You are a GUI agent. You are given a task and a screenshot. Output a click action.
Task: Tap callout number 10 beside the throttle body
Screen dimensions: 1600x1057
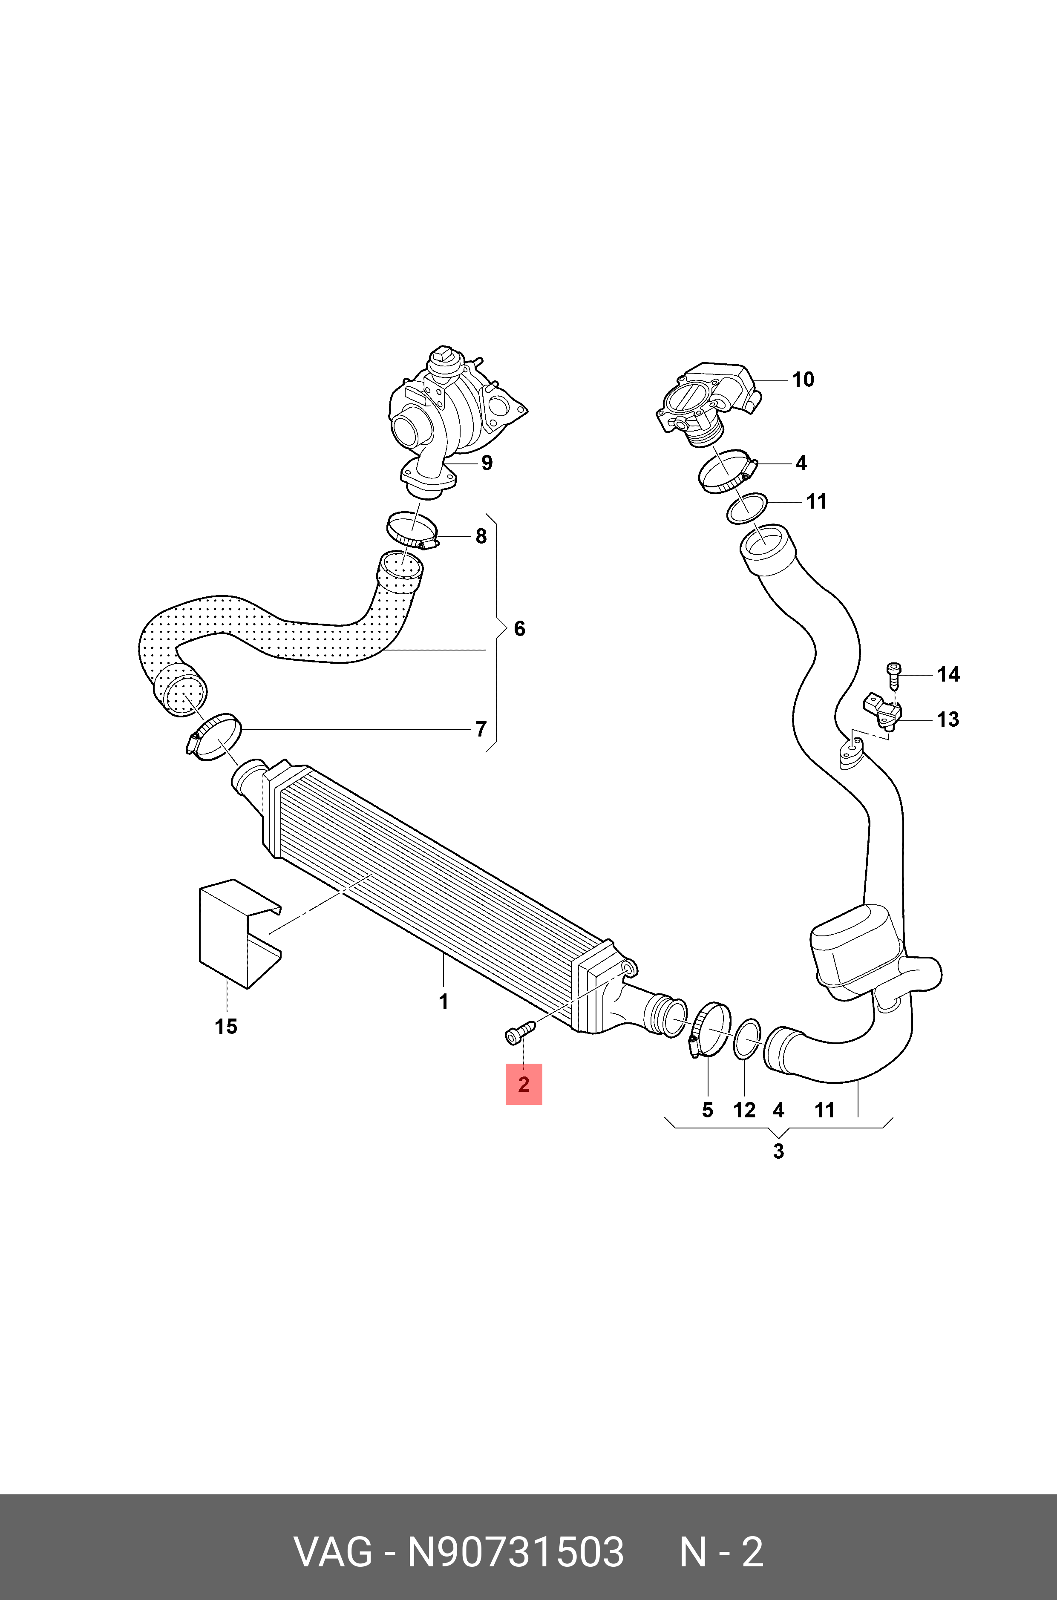[x=802, y=380]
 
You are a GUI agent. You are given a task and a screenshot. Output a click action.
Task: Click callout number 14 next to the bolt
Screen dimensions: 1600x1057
[x=948, y=674]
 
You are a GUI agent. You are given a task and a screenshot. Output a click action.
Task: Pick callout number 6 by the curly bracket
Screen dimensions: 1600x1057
[x=519, y=629]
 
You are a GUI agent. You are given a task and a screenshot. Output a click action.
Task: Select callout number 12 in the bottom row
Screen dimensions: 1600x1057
[x=744, y=1110]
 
